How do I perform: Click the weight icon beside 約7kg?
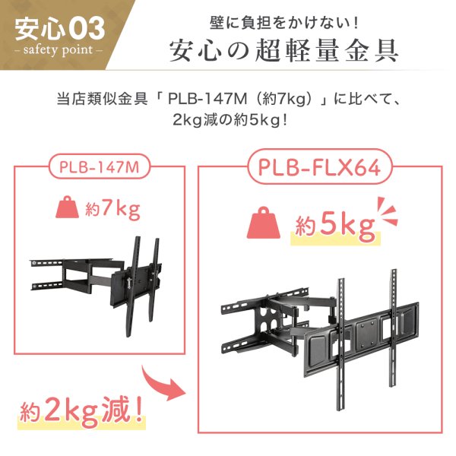[67, 208]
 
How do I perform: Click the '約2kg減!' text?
[81, 414]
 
